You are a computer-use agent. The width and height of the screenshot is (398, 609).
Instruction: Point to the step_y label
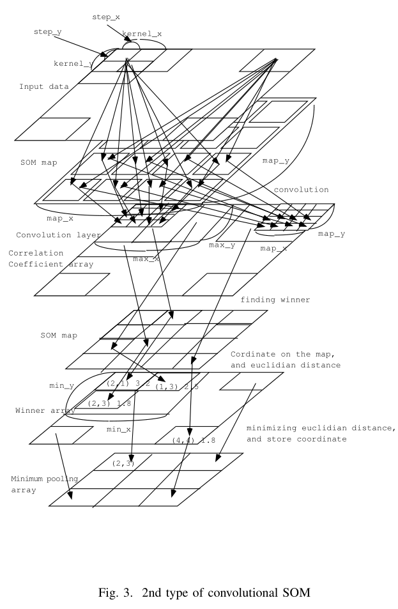[47, 30]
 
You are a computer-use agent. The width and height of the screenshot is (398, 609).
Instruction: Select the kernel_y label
[72, 65]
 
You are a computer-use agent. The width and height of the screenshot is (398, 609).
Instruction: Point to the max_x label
[146, 259]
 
